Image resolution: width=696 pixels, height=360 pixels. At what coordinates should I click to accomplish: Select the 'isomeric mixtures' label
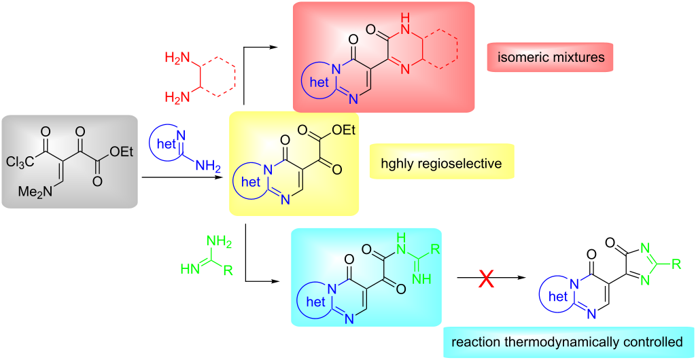pos(550,58)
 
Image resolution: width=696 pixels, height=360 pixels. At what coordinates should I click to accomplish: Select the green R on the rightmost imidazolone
pos(684,261)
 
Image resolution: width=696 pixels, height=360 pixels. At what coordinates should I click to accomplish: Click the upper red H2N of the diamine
pos(177,60)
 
